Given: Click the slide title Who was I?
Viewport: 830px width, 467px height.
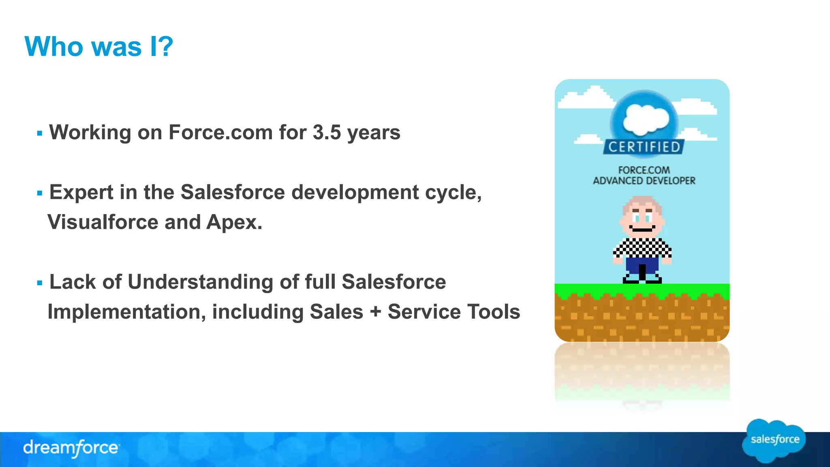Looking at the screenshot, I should [98, 47].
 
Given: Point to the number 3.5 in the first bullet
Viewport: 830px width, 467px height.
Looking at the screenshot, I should [327, 133].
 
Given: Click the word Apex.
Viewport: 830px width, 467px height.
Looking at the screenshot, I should [234, 222].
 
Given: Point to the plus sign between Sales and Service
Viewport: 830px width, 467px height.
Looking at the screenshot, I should [375, 312].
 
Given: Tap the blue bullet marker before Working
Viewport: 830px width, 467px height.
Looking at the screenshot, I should [39, 133].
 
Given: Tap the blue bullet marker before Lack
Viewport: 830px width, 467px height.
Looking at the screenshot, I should [39, 283].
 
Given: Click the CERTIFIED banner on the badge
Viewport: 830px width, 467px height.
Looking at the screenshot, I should [644, 147].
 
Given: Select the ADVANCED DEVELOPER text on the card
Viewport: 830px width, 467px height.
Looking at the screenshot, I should [644, 181].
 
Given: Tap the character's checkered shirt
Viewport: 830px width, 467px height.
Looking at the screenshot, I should [642, 248].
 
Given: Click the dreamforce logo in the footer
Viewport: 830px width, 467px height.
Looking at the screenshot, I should [71, 448].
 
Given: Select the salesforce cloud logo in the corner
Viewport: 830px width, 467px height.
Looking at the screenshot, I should [774, 440].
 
